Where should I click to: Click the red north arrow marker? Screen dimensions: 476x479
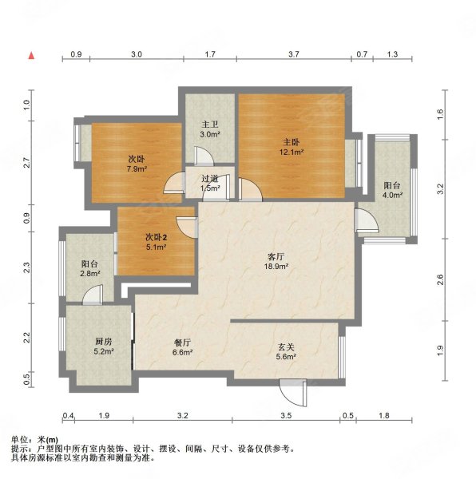[31, 55]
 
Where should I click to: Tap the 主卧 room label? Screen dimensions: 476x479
[292, 142]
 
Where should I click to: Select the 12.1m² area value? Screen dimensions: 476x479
[292, 152]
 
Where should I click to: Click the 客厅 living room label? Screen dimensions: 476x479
[276, 256]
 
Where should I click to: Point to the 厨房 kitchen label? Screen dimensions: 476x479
[103, 342]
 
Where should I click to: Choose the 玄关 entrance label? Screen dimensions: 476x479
[286, 347]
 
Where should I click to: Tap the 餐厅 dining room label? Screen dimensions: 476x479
[182, 342]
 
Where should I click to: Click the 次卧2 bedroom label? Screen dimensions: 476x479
[156, 237]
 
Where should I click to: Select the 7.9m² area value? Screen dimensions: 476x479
[137, 168]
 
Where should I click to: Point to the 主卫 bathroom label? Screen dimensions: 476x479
[210, 125]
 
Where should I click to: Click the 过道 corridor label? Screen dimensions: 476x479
[210, 178]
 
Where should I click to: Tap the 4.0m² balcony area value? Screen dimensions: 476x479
[392, 195]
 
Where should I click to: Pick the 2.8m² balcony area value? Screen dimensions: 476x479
[90, 273]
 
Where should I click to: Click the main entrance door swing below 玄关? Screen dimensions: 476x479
[293, 393]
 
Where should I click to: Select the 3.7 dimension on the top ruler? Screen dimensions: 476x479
[294, 54]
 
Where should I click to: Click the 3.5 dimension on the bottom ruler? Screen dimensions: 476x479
[286, 415]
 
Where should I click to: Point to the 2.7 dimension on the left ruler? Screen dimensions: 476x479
[27, 162]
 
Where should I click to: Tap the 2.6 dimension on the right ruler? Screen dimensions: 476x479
[440, 279]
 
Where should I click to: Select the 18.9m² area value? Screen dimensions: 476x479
[276, 266]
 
